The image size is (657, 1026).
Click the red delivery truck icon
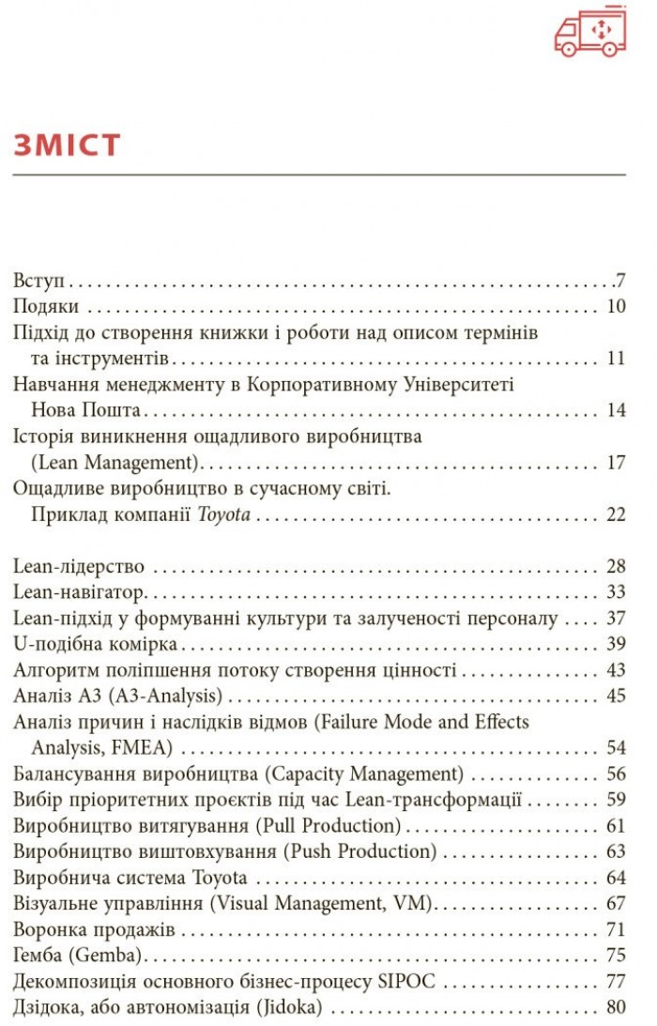589,34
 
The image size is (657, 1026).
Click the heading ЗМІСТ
67,145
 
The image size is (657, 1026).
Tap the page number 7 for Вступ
620,281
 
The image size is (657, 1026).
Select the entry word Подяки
45,307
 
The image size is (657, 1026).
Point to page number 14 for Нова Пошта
616,410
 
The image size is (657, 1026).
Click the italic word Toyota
223,513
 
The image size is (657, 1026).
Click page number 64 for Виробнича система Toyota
616,878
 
